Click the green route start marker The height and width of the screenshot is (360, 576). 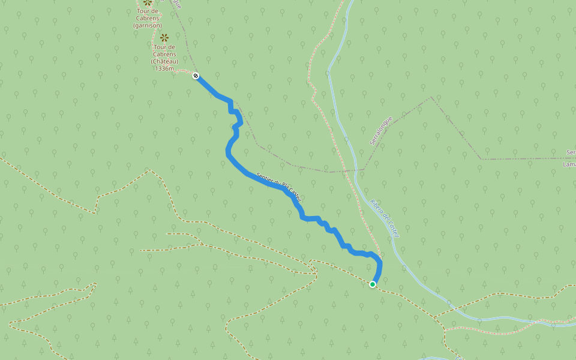pyautogui.click(x=373, y=284)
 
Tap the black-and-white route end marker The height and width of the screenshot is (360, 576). pyautogui.click(x=196, y=75)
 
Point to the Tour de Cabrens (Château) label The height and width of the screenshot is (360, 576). pyautogui.click(x=164, y=54)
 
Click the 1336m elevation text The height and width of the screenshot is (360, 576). pyautogui.click(x=164, y=68)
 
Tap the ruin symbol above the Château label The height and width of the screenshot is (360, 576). pyautogui.click(x=164, y=37)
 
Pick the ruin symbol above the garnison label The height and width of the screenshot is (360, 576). pyautogui.click(x=148, y=3)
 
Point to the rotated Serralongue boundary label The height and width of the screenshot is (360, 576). pyautogui.click(x=380, y=131)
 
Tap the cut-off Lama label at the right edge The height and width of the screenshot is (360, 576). pyautogui.click(x=569, y=164)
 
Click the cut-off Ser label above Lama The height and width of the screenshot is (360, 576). pyautogui.click(x=571, y=152)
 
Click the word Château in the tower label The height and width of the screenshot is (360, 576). pyautogui.click(x=164, y=61)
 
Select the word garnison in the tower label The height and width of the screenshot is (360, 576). pyautogui.click(x=148, y=25)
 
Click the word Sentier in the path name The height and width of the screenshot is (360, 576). pyautogui.click(x=265, y=179)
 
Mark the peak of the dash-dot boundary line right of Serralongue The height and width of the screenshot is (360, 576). pyautogui.click(x=431, y=97)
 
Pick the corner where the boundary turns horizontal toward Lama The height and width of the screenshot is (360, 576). pyautogui.click(x=481, y=159)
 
